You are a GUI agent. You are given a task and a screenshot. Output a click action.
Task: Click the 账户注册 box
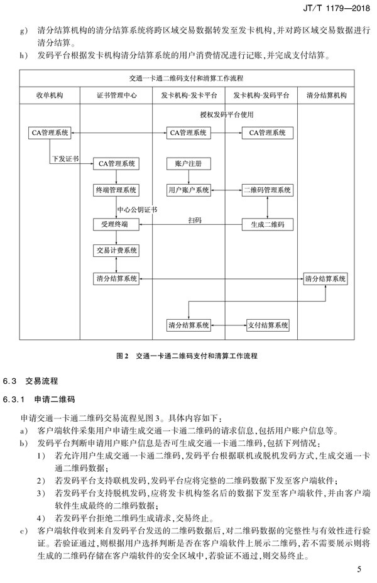[x=188, y=163]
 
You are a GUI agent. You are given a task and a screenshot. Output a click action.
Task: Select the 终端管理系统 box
[x=116, y=190]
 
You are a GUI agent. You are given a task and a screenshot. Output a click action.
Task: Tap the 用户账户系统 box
[x=188, y=190]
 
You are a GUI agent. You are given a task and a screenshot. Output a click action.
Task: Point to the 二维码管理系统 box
[x=267, y=190]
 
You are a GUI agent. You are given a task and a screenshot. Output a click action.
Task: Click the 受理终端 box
[x=116, y=224]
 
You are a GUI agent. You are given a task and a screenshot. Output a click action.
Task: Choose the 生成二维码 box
[x=267, y=224]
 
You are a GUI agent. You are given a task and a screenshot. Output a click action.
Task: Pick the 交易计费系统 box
[x=116, y=250]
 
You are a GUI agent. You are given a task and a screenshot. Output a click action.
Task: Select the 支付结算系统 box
[x=268, y=325]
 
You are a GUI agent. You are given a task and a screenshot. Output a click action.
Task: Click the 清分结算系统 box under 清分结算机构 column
[x=325, y=278]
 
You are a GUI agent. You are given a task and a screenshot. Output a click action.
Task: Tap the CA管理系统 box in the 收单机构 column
[x=50, y=133]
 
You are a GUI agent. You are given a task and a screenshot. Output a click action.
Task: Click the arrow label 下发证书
[x=65, y=159]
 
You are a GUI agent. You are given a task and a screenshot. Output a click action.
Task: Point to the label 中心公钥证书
[x=137, y=210]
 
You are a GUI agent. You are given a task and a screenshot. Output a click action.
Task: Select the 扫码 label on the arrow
[x=195, y=220]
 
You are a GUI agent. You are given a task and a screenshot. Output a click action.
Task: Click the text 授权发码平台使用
[x=226, y=114]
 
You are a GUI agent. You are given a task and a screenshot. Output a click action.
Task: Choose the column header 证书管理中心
[x=116, y=95]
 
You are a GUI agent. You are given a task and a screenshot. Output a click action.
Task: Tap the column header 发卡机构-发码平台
[x=261, y=95]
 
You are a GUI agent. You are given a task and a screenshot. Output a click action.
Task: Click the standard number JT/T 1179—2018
[x=337, y=8]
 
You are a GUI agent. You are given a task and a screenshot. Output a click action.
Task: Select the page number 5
[x=359, y=569]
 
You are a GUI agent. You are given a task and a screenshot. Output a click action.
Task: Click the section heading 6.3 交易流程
[x=31, y=381]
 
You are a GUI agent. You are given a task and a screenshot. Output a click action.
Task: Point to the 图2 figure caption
[x=187, y=356]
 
